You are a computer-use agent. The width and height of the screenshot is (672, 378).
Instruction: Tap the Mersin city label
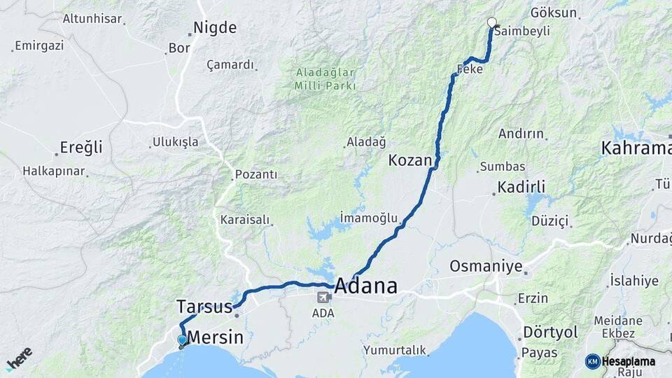point(216,337)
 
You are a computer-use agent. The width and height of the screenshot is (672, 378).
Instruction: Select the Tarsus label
point(204,307)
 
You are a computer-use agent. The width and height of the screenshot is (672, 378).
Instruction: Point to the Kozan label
point(410,160)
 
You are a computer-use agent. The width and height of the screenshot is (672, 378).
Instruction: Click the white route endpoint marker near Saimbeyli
point(491,22)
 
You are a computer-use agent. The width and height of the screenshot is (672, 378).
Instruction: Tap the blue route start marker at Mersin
point(182,341)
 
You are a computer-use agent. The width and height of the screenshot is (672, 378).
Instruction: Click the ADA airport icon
point(323,297)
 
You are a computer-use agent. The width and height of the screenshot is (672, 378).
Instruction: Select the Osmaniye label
point(486,266)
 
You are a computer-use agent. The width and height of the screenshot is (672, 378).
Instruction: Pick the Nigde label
point(215,28)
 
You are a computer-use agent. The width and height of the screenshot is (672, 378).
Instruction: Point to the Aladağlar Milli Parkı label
point(325,79)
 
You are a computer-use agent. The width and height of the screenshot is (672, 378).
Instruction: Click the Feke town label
point(470,69)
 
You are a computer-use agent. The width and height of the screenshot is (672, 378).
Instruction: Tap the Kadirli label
point(521,187)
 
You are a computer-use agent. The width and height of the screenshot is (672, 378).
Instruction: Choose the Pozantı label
point(256,174)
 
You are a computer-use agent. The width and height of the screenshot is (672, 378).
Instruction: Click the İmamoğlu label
point(368,218)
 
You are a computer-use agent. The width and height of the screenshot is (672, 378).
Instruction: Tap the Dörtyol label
point(550,332)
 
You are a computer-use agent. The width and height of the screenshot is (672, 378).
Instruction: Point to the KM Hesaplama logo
point(620,361)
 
